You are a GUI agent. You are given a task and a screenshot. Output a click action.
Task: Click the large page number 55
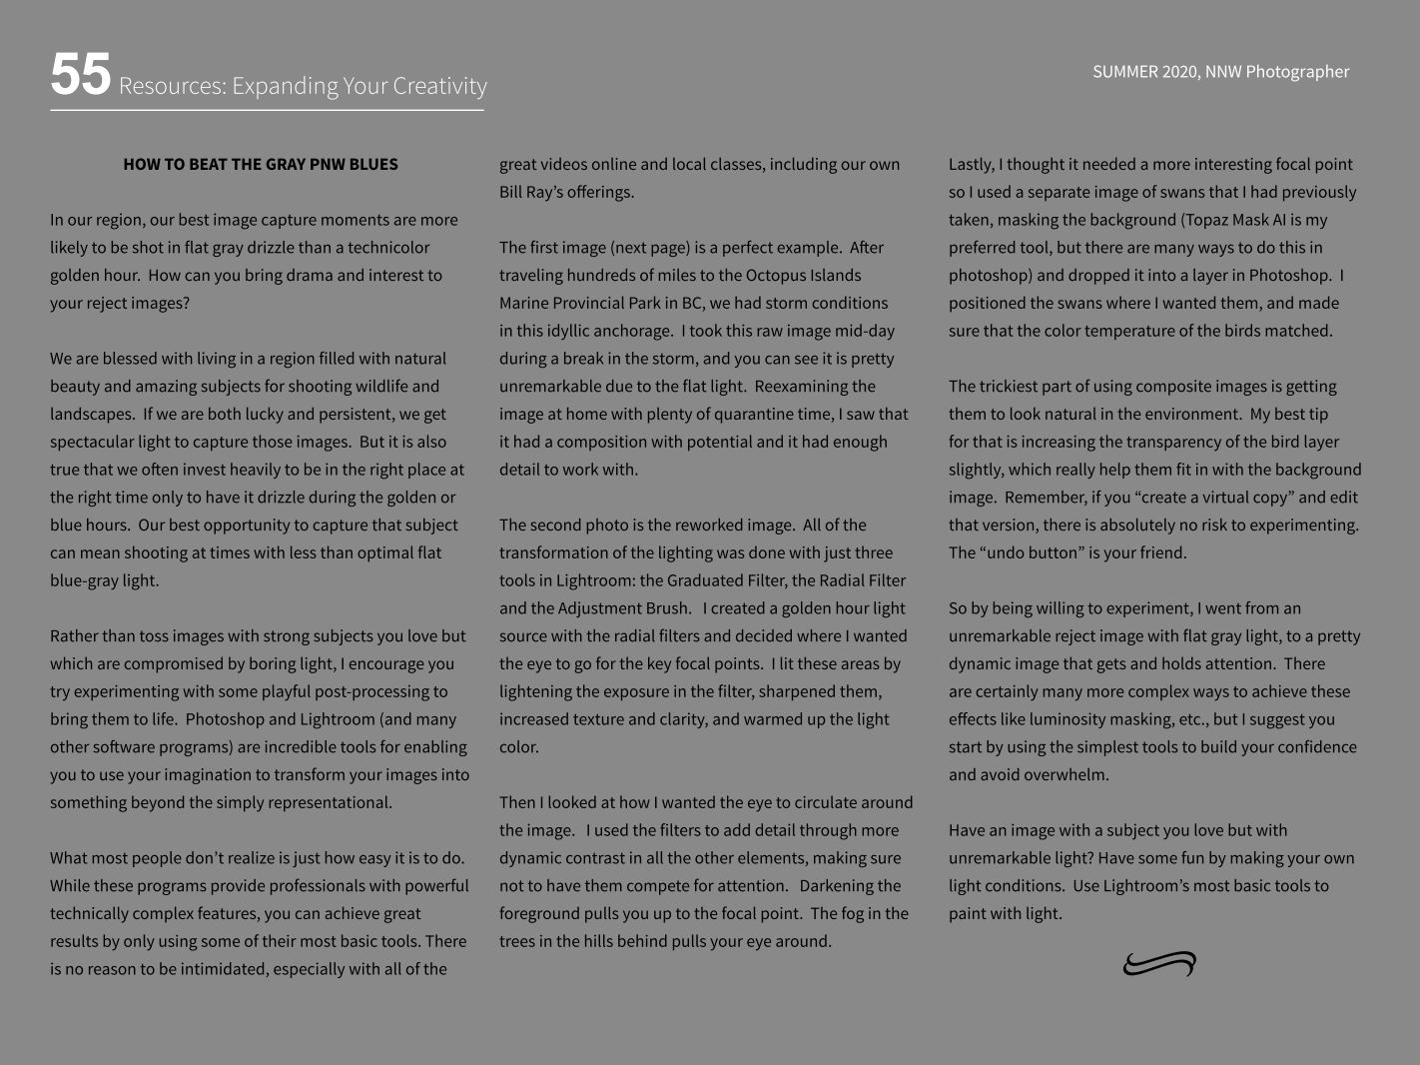tap(80, 76)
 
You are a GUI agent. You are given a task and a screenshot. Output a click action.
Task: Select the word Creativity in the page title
tap(439, 86)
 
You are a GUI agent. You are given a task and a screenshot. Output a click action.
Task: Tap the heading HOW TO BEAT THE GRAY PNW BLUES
tap(261, 164)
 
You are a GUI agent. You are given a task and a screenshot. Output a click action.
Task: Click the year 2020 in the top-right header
tap(1179, 72)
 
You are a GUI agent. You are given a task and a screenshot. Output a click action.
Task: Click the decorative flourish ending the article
tap(1159, 964)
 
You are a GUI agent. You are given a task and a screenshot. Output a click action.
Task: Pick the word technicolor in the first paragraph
tap(386, 248)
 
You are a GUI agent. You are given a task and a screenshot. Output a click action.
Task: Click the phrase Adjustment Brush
tap(623, 608)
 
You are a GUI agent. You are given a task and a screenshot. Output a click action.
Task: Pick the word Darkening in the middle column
tap(850, 886)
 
